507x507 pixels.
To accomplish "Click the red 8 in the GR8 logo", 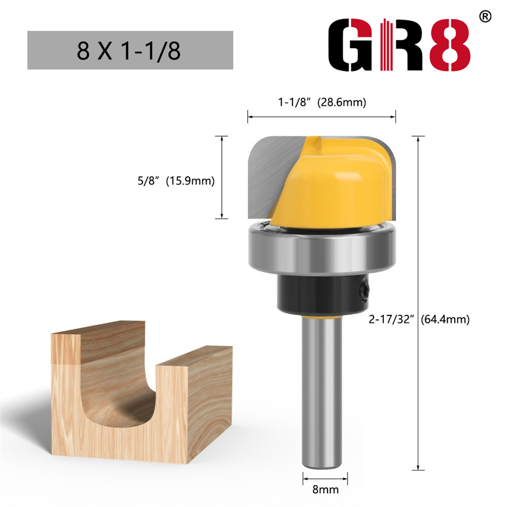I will point(449,46).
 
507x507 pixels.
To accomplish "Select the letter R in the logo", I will point(401,46).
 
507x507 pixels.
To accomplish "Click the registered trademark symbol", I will point(485,16).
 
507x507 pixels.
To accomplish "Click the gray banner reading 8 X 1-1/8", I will point(130,50).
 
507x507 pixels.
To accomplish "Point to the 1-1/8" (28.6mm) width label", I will point(322,102).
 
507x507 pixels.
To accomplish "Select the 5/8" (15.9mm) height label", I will point(175,181).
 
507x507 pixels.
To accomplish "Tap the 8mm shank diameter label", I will point(325,490).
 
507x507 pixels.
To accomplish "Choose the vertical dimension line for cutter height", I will point(222,177).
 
